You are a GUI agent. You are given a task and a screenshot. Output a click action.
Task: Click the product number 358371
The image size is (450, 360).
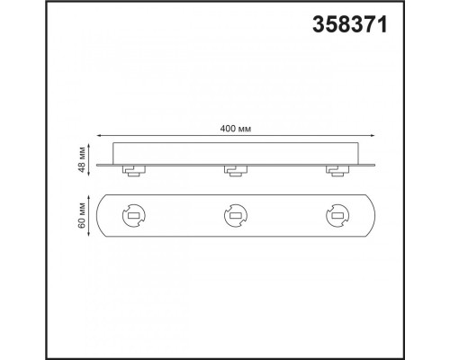pyautogui.click(x=350, y=24)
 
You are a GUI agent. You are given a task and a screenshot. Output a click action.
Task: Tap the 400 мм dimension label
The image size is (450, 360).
pyautogui.click(x=236, y=129)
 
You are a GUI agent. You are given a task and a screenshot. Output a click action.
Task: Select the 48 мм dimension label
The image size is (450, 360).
pyautogui.click(x=82, y=160)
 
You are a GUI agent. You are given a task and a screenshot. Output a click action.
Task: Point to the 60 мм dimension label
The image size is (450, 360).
pyautogui.click(x=82, y=215)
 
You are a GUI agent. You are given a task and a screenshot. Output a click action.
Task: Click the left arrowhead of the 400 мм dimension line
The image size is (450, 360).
pyautogui.click(x=98, y=136)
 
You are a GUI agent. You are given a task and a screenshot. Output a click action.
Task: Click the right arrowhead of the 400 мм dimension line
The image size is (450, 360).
pyautogui.click(x=373, y=136)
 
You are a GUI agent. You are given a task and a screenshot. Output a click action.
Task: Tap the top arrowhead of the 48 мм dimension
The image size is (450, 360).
pyautogui.click(x=89, y=146)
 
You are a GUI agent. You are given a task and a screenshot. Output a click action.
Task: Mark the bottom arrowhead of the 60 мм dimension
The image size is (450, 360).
pyautogui.click(x=89, y=234)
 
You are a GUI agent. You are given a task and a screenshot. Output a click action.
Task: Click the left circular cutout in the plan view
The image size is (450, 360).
pyautogui.click(x=134, y=216)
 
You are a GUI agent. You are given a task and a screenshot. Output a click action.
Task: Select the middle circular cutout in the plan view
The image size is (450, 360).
pyautogui.click(x=236, y=216)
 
